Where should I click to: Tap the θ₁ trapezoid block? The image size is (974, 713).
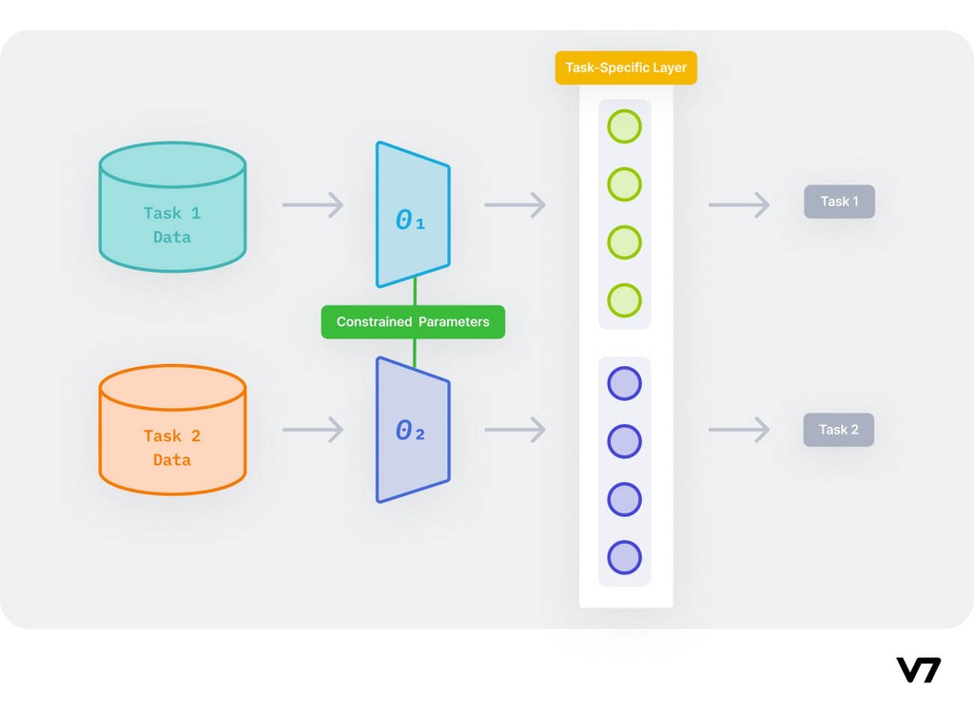click(x=412, y=215)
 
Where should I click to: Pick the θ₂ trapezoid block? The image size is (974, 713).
click(x=412, y=430)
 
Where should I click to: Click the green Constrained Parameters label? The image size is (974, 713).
click(x=413, y=322)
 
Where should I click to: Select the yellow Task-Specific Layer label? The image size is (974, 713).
click(x=626, y=67)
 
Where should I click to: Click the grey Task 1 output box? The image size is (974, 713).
click(x=839, y=202)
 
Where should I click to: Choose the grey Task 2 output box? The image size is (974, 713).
click(x=839, y=430)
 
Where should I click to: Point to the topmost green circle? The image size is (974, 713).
click(x=625, y=126)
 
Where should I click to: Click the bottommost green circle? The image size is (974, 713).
click(x=625, y=300)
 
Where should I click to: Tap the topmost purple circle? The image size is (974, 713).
click(x=625, y=384)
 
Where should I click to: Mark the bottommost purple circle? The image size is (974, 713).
click(x=625, y=557)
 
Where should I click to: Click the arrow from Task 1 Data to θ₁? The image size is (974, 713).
click(x=313, y=204)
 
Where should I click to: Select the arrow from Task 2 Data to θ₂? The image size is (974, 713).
click(x=313, y=430)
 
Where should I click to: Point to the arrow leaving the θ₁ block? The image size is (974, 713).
click(x=515, y=204)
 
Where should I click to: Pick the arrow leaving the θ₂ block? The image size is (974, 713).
click(x=515, y=430)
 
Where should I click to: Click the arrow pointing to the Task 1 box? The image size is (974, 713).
click(x=739, y=204)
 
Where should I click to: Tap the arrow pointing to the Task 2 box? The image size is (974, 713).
click(x=739, y=430)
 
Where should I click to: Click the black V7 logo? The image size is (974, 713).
click(x=918, y=669)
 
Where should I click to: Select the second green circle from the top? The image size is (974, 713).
click(x=625, y=184)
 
